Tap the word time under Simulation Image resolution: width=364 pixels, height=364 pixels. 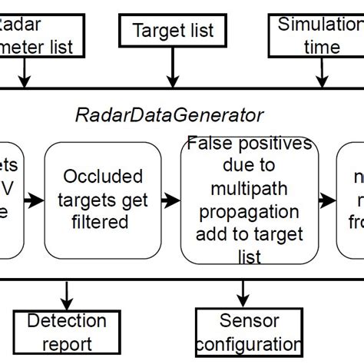(321, 48)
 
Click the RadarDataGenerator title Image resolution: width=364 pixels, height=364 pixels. (170, 115)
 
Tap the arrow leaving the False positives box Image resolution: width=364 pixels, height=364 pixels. (326, 201)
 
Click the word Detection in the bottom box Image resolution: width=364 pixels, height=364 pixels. (68, 321)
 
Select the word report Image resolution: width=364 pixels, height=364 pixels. (68, 345)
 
